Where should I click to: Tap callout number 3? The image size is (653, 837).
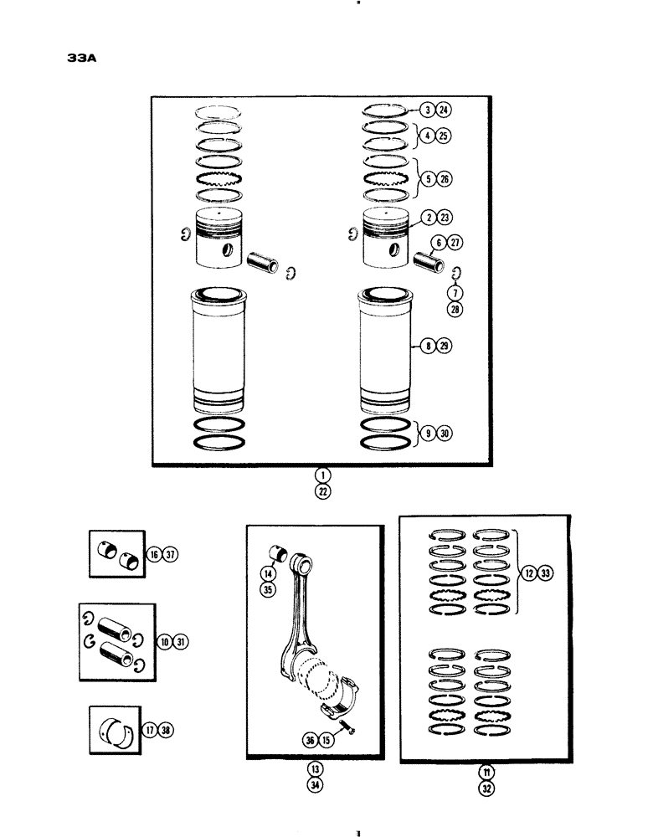[x=427, y=110]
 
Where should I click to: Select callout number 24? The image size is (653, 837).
[x=442, y=110]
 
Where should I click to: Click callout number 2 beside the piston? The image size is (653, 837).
[x=427, y=216]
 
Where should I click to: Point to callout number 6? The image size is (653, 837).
[x=435, y=244]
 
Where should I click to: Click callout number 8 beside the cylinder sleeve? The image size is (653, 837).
[x=427, y=345]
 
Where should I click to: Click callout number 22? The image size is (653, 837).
[x=322, y=491]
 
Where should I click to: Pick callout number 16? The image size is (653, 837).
[x=155, y=554]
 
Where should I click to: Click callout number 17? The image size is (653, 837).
[x=155, y=730]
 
